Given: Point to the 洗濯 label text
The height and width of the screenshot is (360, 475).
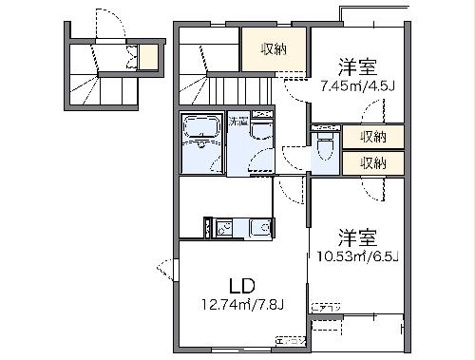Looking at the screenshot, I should click(238, 122).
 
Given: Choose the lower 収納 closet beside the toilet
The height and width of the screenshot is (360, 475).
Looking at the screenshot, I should click(372, 162).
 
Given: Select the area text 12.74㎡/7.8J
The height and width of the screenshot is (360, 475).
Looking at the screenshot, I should click(242, 305).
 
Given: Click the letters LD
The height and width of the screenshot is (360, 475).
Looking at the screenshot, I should click(241, 284).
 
